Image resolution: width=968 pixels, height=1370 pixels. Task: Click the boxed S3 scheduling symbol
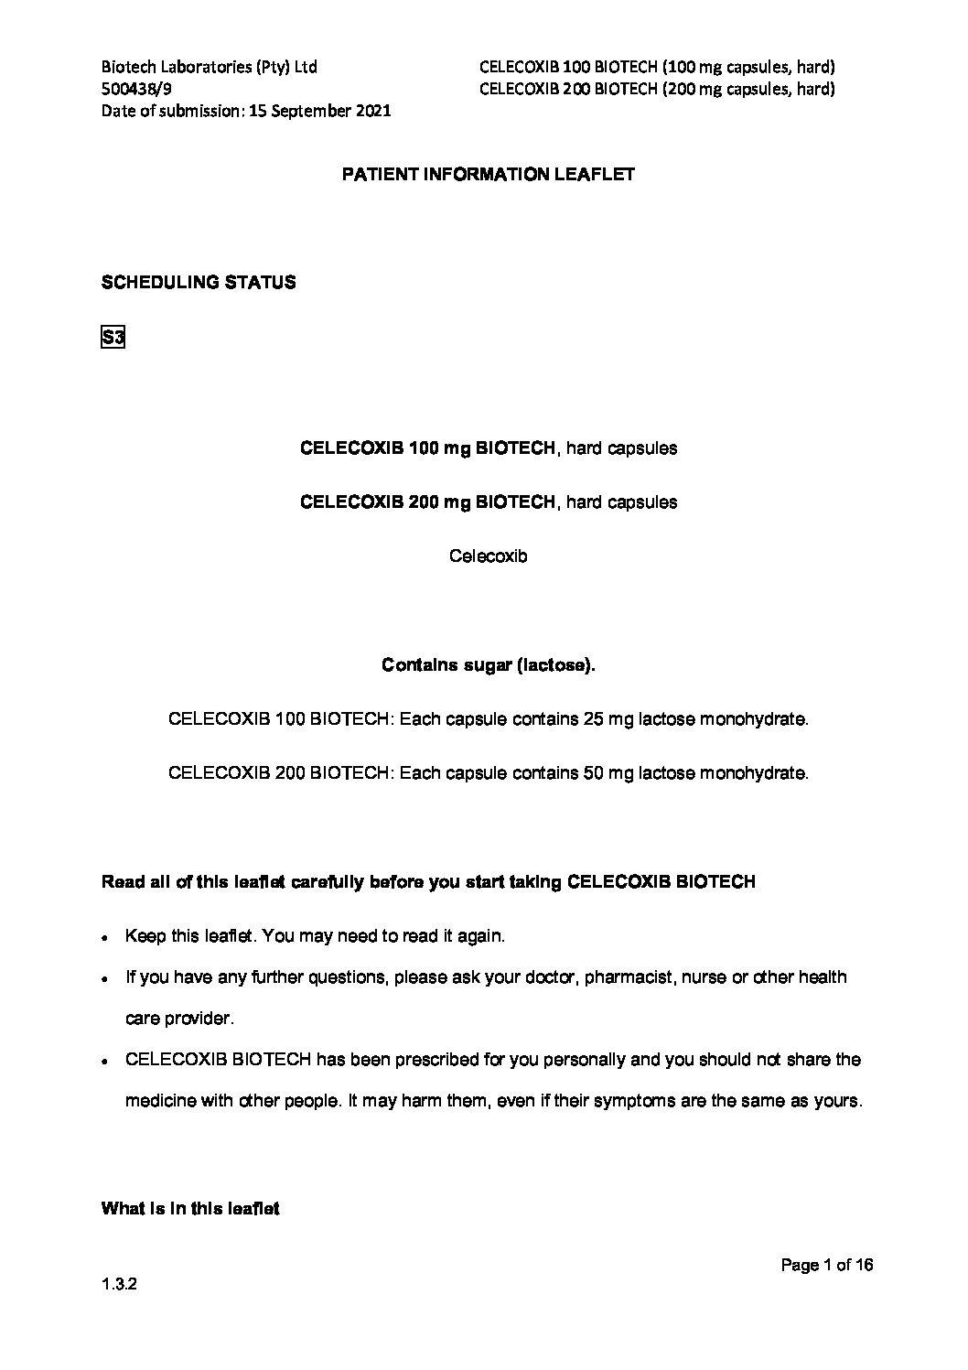[x=113, y=339]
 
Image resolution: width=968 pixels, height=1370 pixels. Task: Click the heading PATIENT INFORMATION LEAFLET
[x=488, y=175]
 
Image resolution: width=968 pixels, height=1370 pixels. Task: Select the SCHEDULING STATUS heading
[x=199, y=283]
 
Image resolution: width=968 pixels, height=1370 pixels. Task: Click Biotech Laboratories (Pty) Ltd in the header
[x=210, y=67]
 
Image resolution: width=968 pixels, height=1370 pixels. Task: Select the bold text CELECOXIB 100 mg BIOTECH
[x=427, y=448]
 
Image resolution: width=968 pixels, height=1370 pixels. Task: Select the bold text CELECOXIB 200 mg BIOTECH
[x=427, y=502]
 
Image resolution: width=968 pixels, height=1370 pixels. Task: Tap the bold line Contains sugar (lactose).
[x=489, y=665]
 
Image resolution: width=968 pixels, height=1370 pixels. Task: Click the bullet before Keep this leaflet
[x=107, y=938]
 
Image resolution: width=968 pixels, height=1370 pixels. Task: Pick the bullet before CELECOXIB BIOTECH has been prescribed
[x=107, y=1062]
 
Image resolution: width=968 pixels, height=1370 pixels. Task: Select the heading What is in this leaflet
[x=190, y=1209]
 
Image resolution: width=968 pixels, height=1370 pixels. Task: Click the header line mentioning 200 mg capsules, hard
[x=657, y=89]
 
